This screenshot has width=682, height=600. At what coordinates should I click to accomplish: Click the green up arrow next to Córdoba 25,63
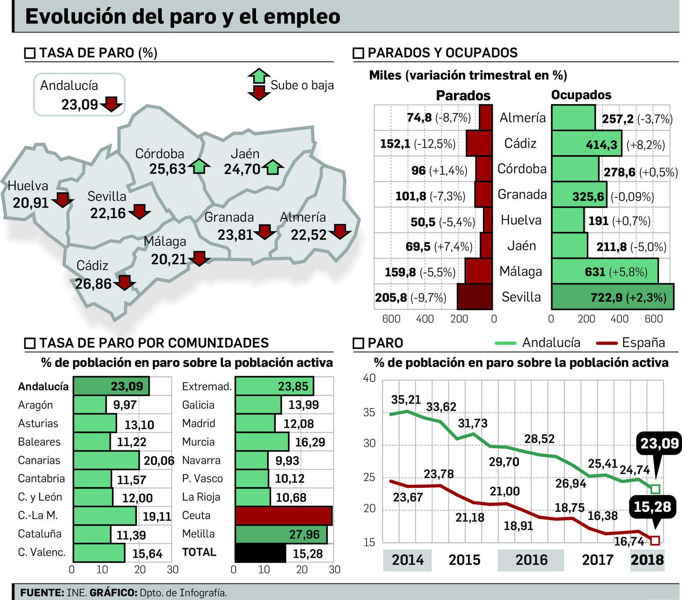coord(199,166)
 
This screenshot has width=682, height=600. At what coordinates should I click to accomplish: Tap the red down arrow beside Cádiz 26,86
coord(124,283)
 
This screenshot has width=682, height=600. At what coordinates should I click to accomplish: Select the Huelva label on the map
coord(28,186)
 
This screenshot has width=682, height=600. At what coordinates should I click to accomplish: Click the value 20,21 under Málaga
coord(169,259)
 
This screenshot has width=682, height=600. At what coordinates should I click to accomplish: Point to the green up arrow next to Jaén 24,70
coord(273,167)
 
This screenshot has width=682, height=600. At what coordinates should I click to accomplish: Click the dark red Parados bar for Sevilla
coord(474,297)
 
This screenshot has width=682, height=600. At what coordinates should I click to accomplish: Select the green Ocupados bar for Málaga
coord(604,271)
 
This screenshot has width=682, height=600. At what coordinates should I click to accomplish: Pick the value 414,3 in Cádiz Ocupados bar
coord(601,145)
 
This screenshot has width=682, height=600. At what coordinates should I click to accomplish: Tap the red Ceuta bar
coord(283,516)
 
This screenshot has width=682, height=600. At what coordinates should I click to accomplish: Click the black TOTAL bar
coord(260,553)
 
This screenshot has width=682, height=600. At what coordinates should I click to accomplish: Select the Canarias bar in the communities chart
coord(106,461)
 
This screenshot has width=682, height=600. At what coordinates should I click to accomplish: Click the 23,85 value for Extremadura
coord(293,386)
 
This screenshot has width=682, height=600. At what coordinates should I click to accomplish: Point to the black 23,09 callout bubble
coord(659,443)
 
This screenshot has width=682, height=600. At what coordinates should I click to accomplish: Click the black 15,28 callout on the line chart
coord(652,507)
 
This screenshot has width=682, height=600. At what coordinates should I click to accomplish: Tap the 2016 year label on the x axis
coord(531,560)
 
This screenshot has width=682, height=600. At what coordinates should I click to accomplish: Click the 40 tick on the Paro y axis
coord(369,378)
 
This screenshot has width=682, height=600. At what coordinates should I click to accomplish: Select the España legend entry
coord(643,342)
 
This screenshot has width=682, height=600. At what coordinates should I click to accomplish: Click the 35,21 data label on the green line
coord(405,400)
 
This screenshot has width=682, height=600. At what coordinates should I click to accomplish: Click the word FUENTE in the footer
coord(42,592)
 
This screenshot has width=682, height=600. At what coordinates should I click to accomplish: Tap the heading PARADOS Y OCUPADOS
coord(442,53)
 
